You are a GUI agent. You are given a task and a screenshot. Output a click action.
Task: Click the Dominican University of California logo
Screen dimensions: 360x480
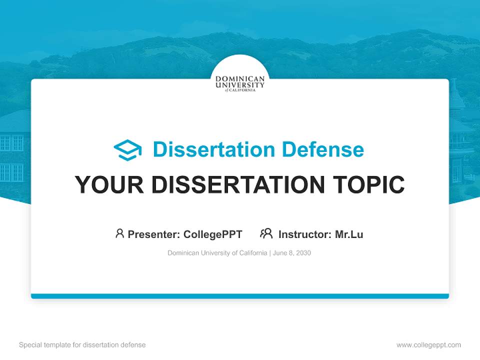pyautogui.click(x=240, y=83)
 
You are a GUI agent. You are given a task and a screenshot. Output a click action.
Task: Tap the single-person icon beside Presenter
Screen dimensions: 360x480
pyautogui.click(x=119, y=233)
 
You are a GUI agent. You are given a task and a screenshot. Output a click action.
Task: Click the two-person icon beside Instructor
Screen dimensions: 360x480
pyautogui.click(x=266, y=233)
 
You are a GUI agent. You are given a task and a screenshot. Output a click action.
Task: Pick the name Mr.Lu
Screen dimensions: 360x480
pyautogui.click(x=349, y=234)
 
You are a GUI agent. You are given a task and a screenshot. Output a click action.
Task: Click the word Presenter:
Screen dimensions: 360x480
pyautogui.click(x=154, y=234)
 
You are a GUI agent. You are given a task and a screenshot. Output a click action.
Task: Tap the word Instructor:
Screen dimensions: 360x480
pyautogui.click(x=305, y=234)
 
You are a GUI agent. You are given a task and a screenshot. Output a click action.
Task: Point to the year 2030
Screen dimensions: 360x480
pyautogui.click(x=303, y=253)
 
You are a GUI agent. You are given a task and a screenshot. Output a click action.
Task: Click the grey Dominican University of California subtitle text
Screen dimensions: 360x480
pyautogui.click(x=217, y=253)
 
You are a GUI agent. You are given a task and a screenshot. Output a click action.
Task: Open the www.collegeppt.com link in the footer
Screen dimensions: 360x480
pyautogui.click(x=428, y=345)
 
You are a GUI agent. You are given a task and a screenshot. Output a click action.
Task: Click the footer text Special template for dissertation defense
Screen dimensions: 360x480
pyautogui.click(x=82, y=345)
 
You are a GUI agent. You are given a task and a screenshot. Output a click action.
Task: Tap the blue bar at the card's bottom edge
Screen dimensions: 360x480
pyautogui.click(x=240, y=296)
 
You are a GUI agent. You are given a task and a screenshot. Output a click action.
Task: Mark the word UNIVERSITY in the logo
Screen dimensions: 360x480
pyautogui.click(x=240, y=85)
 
